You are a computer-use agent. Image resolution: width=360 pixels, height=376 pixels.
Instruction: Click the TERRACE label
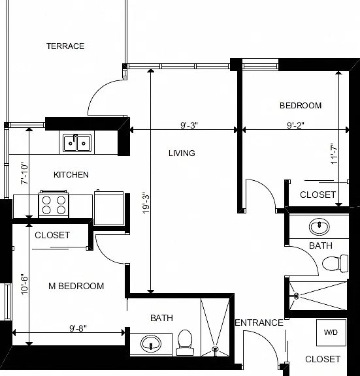(65, 46)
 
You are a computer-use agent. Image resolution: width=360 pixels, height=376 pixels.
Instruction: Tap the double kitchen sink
(77, 143)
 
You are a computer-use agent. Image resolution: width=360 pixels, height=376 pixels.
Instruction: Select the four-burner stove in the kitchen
(54, 204)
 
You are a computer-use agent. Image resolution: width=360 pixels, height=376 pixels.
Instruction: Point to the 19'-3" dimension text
(146, 203)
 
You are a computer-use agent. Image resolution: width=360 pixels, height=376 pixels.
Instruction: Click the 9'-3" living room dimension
(189, 125)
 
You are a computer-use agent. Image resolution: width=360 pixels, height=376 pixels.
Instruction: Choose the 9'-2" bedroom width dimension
(296, 125)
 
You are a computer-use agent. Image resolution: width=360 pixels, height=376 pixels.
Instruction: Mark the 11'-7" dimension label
(334, 153)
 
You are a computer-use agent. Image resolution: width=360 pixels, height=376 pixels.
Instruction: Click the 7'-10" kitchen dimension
(24, 174)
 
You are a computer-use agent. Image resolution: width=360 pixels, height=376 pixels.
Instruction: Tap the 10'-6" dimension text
(24, 284)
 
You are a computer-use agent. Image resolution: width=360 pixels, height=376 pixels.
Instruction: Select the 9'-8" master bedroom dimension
(78, 328)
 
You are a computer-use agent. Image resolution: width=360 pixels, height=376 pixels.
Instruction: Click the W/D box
(331, 332)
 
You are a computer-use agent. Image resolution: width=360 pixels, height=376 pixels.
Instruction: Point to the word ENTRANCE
(259, 322)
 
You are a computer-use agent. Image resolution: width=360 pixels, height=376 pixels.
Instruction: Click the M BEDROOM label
(76, 286)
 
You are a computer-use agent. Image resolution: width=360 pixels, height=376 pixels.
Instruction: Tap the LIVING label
(182, 153)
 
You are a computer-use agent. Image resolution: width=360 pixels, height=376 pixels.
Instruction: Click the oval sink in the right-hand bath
(319, 227)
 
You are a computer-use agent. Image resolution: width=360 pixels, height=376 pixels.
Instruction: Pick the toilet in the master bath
(185, 343)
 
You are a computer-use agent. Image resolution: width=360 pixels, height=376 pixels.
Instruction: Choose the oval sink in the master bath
(151, 343)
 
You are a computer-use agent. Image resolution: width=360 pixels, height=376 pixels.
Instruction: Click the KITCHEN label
(71, 174)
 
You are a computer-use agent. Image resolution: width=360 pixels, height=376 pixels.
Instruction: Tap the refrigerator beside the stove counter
(108, 208)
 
